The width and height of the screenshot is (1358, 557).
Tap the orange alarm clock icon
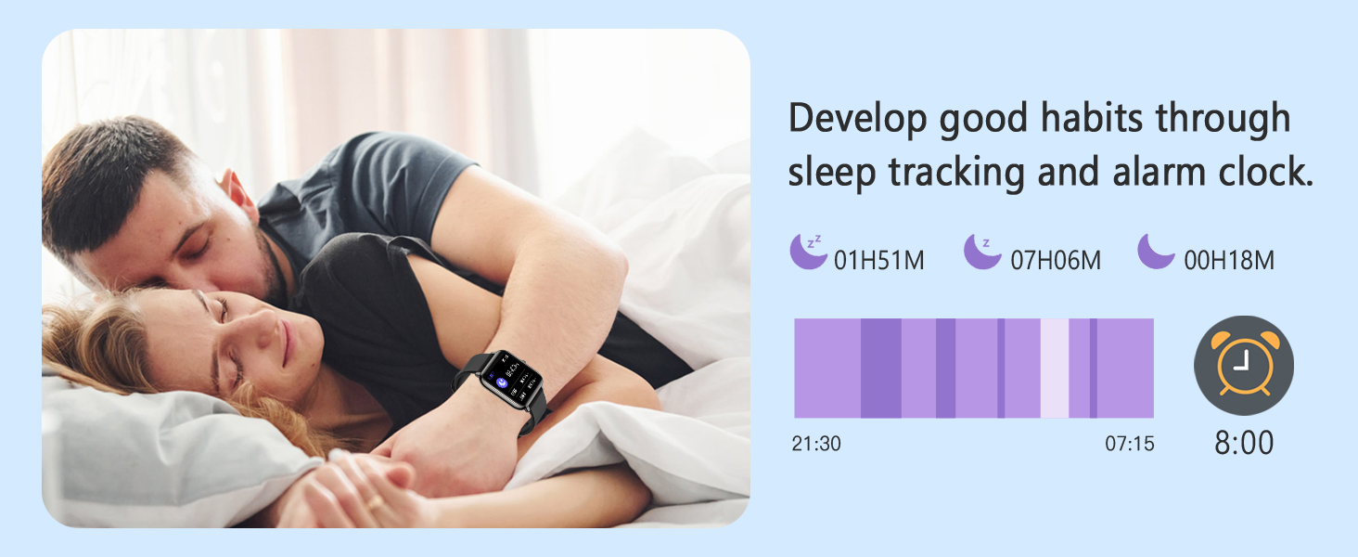click(1243, 365)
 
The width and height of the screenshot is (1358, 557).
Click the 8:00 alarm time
click(1244, 443)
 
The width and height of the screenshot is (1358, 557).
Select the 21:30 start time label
click(816, 444)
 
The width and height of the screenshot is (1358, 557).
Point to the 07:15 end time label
click(1129, 444)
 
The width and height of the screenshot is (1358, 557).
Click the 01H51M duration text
click(878, 261)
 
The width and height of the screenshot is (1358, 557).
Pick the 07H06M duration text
click(1055, 261)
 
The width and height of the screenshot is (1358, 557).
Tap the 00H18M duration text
click(1228, 261)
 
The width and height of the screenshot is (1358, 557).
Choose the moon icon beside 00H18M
click(1156, 252)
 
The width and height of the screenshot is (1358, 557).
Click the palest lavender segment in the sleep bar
click(1054, 369)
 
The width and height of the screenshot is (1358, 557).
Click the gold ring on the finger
click(374, 502)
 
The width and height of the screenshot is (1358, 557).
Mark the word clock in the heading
click(1267, 173)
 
